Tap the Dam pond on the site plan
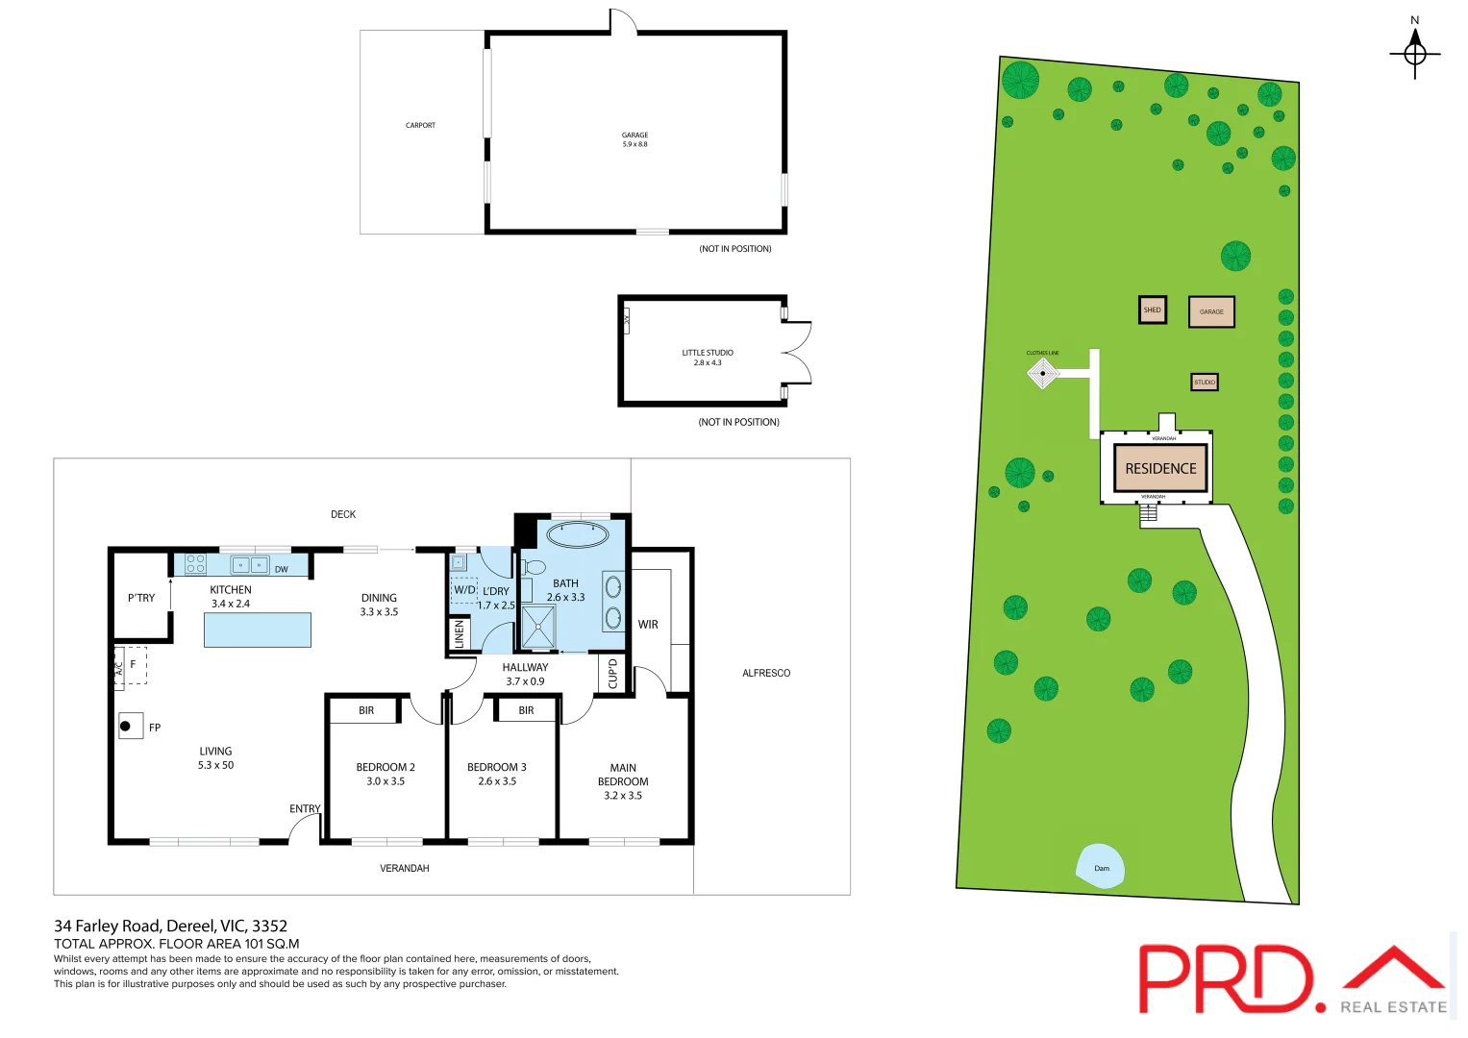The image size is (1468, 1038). click(1100, 866)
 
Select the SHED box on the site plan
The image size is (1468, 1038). click(1152, 309)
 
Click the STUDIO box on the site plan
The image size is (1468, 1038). click(1204, 382)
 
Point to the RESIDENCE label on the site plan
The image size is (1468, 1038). click(1160, 468)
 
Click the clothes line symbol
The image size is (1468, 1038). click(1042, 373)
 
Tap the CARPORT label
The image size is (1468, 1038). click(420, 125)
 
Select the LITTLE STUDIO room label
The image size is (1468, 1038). click(708, 353)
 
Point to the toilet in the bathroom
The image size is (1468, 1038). click(534, 567)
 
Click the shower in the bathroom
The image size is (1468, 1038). click(538, 628)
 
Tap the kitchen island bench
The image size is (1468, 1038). click(257, 630)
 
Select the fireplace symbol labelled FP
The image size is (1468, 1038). click(126, 726)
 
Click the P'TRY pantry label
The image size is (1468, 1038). click(141, 598)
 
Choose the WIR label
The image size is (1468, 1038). click(648, 625)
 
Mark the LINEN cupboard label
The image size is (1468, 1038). click(459, 633)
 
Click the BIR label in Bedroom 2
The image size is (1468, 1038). click(366, 710)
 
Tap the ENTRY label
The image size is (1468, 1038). click(305, 808)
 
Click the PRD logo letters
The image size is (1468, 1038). click(1226, 978)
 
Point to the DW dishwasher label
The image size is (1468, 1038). click(281, 569)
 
